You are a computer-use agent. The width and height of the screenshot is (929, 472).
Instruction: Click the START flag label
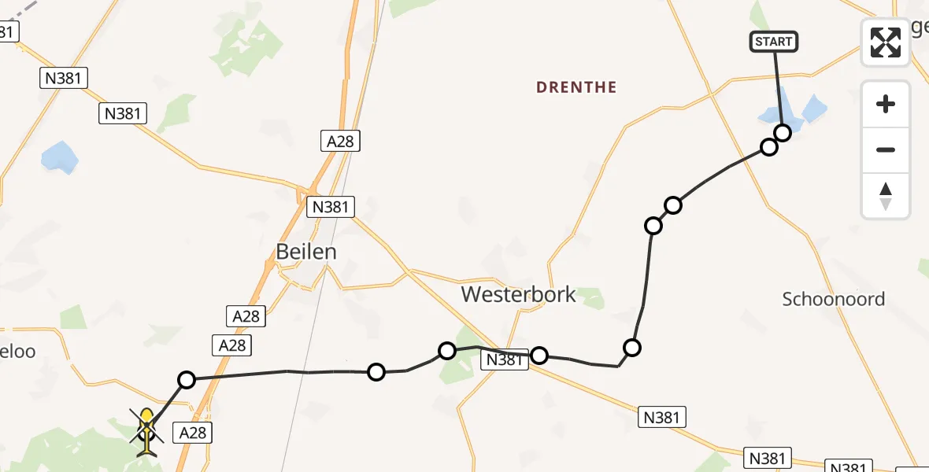[774, 42]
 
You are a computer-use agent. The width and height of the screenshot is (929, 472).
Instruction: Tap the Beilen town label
[306, 252]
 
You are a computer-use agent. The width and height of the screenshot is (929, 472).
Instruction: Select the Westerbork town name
[519, 295]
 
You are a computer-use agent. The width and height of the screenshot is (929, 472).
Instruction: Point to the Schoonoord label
[834, 299]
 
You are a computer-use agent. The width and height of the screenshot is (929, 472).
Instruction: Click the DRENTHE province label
[576, 87]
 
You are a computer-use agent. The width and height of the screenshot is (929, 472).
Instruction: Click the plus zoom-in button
[886, 104]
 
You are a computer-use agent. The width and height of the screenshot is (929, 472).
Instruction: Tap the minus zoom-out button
[886, 149]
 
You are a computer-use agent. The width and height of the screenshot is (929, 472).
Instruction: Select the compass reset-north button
[886, 195]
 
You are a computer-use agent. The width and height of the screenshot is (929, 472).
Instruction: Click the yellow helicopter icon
[146, 431]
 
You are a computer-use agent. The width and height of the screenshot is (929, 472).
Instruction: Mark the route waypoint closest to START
[782, 132]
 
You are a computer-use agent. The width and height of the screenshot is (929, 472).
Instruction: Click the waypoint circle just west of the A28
[187, 380]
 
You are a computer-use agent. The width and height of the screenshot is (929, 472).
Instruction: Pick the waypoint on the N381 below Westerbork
[539, 356]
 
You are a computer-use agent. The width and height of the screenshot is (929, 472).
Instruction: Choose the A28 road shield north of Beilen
[341, 141]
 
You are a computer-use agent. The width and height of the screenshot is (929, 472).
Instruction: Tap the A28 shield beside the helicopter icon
[194, 431]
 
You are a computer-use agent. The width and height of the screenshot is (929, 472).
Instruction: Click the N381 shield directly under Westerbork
[504, 360]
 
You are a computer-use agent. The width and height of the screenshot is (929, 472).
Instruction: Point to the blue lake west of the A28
[60, 157]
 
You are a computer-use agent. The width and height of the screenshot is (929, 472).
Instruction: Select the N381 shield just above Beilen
[331, 207]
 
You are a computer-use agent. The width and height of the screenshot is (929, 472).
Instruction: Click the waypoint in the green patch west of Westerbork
[447, 350]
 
